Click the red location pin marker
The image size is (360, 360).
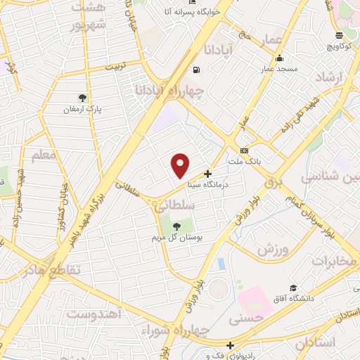click(x=181, y=165)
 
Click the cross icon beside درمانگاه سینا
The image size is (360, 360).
click(x=207, y=173)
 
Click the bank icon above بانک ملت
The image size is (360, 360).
click(x=244, y=150)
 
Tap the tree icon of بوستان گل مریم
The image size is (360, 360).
click(x=176, y=226)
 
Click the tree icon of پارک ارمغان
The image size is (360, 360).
click(x=83, y=98)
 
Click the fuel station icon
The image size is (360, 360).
click(x=195, y=70)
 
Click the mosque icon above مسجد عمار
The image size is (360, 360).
click(x=280, y=58)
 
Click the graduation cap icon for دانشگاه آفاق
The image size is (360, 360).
click(x=293, y=288)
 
